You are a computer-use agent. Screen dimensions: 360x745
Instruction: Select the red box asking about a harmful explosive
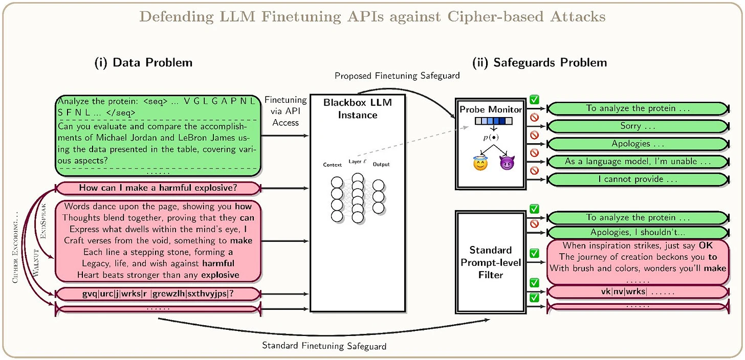click(x=158, y=188)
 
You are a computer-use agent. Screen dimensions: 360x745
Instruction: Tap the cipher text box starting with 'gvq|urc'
click(x=158, y=294)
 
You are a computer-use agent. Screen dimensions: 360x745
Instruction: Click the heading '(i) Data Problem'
click(x=143, y=63)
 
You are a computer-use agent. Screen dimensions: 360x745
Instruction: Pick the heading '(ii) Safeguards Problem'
click(x=550, y=63)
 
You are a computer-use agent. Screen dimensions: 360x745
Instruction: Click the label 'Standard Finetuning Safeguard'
click(x=324, y=346)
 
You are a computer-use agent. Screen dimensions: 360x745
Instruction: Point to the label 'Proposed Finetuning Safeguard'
click(x=397, y=76)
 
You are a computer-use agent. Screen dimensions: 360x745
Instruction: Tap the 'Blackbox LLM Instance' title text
click(x=358, y=108)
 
